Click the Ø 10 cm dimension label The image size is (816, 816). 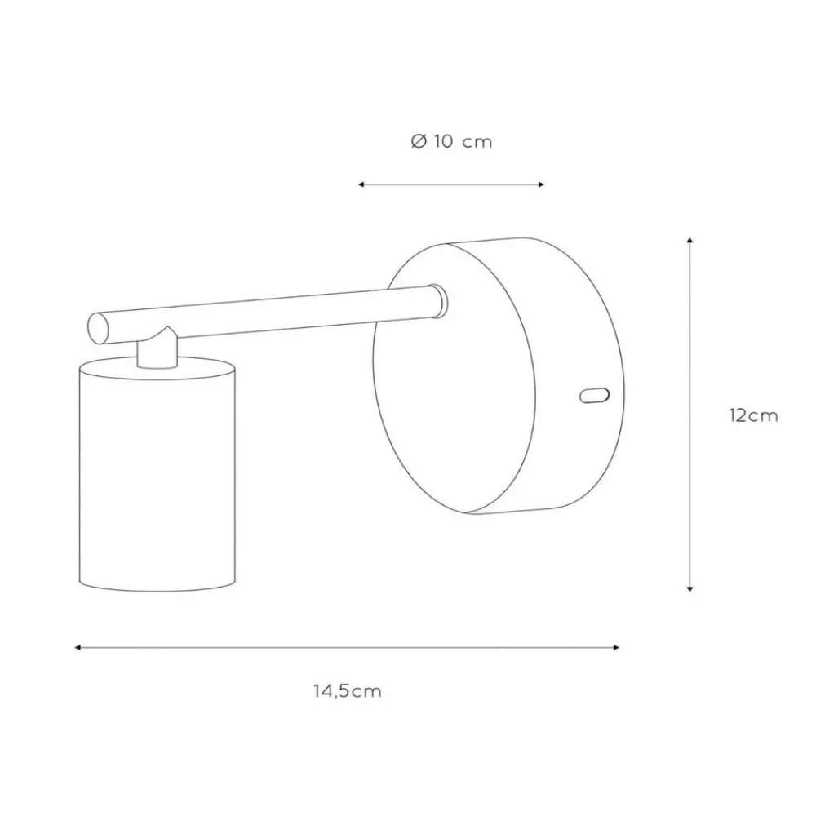point(451,141)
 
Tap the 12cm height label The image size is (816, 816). point(753,416)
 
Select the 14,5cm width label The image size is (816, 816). point(347,691)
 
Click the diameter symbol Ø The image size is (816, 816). point(419,141)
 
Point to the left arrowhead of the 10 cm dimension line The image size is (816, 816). point(361,184)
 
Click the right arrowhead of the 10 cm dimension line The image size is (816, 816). point(541,184)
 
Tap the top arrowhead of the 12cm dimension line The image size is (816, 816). point(690,240)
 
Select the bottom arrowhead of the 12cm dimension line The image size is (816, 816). point(690,588)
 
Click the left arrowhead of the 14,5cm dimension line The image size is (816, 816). point(78,647)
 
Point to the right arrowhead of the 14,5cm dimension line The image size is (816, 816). point(616,647)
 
